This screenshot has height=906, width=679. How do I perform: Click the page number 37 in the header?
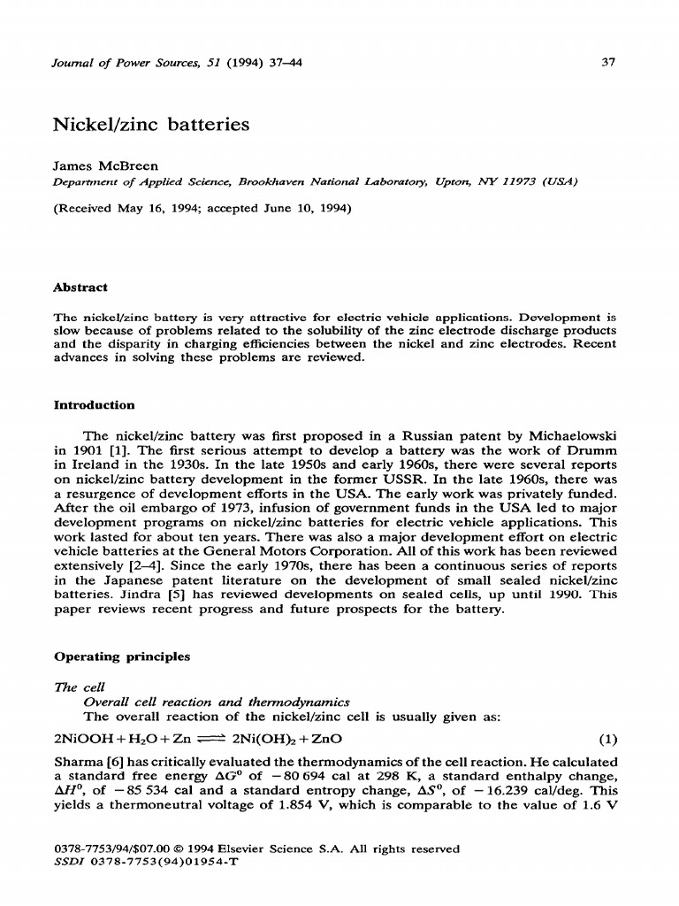pyautogui.click(x=607, y=63)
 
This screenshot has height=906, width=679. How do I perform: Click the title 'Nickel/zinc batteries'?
pyautogui.click(x=152, y=124)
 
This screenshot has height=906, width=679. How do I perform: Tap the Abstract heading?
pyautogui.click(x=81, y=288)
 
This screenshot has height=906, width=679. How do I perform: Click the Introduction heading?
pyautogui.click(x=95, y=405)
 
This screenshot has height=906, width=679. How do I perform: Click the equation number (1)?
pyautogui.click(x=607, y=739)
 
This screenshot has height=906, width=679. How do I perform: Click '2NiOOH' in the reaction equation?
pyautogui.click(x=82, y=739)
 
